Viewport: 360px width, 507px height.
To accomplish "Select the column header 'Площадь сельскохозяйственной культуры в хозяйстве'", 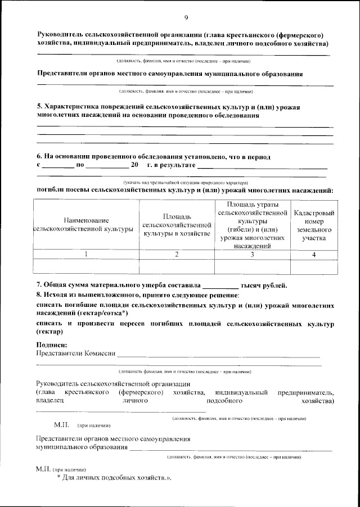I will click(177, 225).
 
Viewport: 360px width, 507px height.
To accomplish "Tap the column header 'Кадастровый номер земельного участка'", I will click(314, 225).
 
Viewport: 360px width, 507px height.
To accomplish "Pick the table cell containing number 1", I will click(85, 254).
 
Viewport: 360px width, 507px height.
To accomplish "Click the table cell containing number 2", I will click(177, 254).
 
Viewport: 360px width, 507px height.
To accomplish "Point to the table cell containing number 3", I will click(252, 254).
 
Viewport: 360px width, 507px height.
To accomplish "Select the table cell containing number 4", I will click(314, 254).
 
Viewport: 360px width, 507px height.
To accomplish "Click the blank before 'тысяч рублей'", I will click(220, 285).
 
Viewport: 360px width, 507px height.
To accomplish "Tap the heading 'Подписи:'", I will click(51, 345).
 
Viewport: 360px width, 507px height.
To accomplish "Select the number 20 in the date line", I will click(134, 165).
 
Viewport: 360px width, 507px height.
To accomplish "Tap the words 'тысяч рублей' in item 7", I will click(264, 284).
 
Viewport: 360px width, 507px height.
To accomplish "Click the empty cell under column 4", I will click(314, 266).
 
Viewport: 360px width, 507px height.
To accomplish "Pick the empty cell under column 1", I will click(85, 266).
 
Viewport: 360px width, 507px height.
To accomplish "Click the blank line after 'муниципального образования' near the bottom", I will click(231, 449).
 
